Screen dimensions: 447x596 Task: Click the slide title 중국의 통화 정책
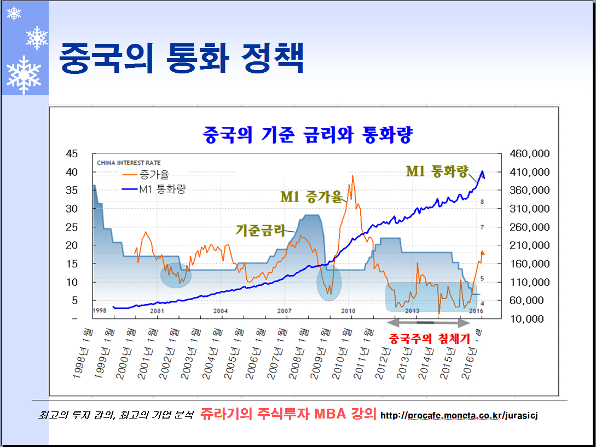coord(181,58)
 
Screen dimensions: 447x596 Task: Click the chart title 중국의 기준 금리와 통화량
coord(308,134)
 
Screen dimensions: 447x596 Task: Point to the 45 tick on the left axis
coord(71,153)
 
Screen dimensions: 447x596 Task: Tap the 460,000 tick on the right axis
coord(529,153)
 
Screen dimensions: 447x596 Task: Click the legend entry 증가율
coord(154,175)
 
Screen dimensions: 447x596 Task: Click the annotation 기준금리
coord(261,230)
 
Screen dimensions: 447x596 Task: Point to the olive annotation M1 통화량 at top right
coord(437,171)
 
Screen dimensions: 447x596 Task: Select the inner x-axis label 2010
coord(349,311)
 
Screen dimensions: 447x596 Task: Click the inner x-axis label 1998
coord(99,311)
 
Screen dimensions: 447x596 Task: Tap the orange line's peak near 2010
coord(353,176)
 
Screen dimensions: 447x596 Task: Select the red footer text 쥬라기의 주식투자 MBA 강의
coord(288,414)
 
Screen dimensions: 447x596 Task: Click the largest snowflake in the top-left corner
coord(24,74)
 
